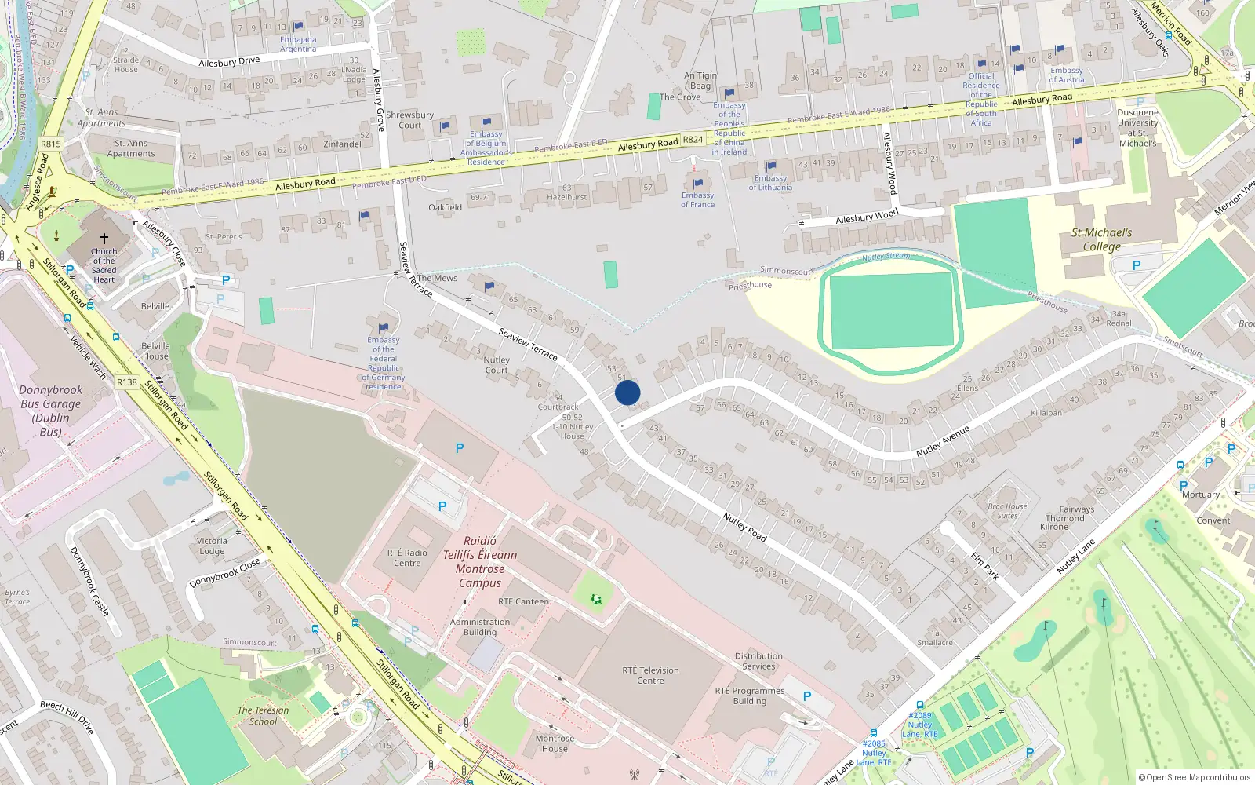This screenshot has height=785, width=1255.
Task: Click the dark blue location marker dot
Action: pos(627,392)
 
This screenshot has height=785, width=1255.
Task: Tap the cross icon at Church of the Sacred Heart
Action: pos(104,238)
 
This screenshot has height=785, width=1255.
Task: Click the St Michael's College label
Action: pos(1101,239)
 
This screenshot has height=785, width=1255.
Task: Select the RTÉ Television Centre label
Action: pos(650,675)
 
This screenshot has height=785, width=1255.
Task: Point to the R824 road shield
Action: pos(693,140)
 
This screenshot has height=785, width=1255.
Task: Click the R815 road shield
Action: pos(51,144)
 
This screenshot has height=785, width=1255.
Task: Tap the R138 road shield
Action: pos(127,382)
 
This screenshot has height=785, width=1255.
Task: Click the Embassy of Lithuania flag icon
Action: pos(771,166)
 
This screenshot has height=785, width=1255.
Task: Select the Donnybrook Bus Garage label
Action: pos(50,411)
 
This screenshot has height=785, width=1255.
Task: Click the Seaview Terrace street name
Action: pos(528,345)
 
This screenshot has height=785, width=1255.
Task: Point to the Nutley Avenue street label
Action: pos(943,441)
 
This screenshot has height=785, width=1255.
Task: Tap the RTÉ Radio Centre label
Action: pos(407,557)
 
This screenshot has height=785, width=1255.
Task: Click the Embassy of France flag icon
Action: pos(698,184)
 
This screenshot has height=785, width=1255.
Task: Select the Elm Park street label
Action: pos(985,565)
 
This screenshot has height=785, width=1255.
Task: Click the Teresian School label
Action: pos(263,715)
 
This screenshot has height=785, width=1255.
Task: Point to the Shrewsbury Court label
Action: pos(409,119)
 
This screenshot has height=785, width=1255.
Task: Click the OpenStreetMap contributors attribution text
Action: pos(1195,777)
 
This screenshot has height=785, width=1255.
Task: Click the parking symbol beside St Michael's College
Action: pos(1136,265)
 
